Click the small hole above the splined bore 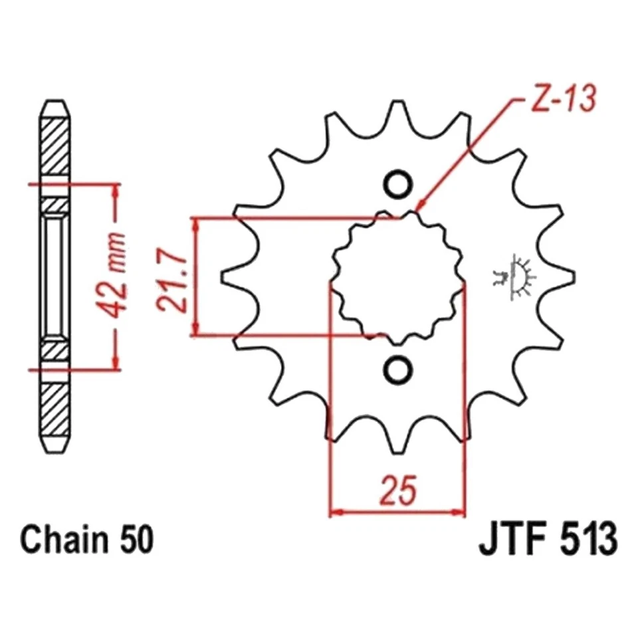click(398, 184)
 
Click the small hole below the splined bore click(398, 370)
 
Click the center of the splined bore click(398, 276)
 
